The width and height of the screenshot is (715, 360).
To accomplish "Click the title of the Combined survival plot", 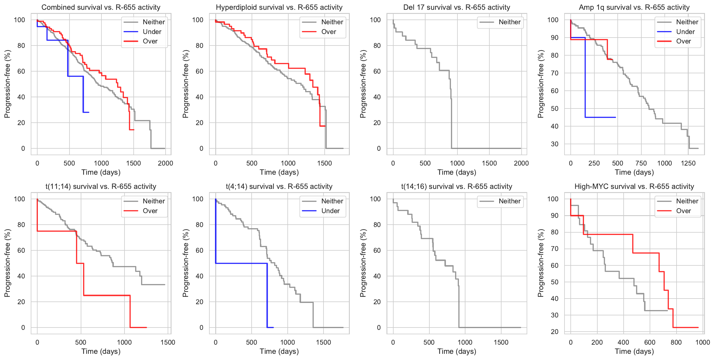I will pyautogui.click(x=101, y=7).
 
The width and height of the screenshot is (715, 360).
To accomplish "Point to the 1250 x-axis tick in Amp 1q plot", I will pyautogui.click(x=688, y=163).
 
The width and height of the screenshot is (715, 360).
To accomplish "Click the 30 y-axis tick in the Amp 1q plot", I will pyautogui.click(x=554, y=144).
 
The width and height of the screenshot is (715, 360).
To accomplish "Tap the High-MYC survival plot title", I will pyautogui.click(x=634, y=187).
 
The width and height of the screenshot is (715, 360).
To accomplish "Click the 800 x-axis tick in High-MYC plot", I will pyautogui.click(x=676, y=342).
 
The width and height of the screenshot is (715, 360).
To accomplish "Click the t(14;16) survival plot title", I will pyautogui.click(x=457, y=187).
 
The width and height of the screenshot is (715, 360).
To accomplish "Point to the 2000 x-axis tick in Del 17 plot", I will pyautogui.click(x=521, y=163).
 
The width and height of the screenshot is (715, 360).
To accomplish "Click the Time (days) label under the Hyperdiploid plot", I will pyautogui.click(x=279, y=172).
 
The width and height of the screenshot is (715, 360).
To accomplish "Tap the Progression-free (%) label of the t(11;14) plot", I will pyautogui.click(x=7, y=263).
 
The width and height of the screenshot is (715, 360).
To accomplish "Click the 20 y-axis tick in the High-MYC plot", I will pyautogui.click(x=554, y=332).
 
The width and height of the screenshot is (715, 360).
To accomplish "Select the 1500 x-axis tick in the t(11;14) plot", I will pyautogui.click(x=168, y=342).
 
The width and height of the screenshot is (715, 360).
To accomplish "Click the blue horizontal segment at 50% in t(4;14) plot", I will pyautogui.click(x=241, y=263).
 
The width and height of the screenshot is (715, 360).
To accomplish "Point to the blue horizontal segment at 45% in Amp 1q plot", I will pyautogui.click(x=600, y=117).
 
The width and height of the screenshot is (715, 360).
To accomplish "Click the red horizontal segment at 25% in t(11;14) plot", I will pyautogui.click(x=107, y=295).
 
